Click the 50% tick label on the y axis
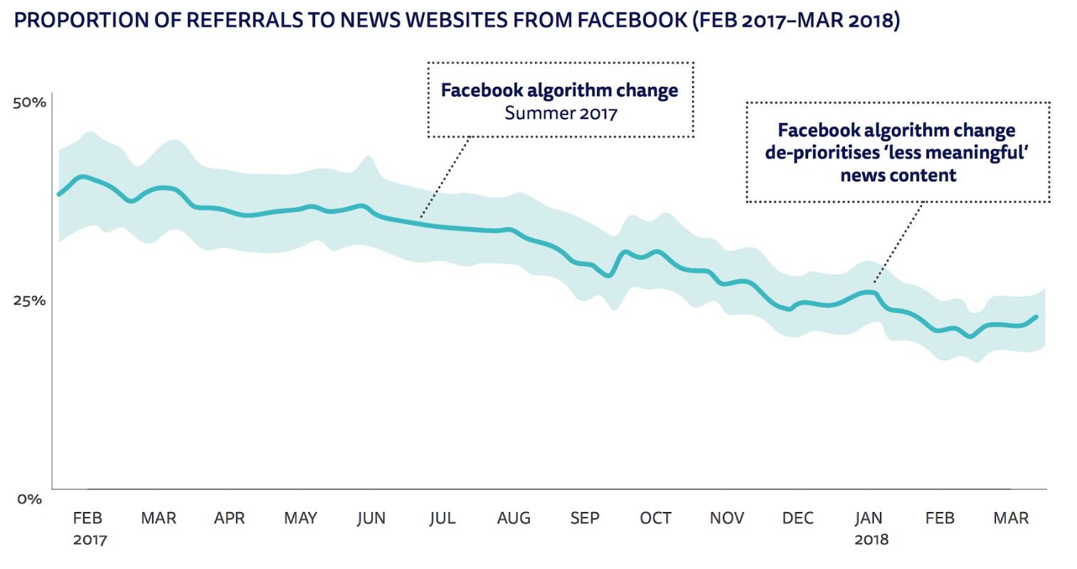coord(29,102)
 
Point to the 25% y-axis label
coord(29,301)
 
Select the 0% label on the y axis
coord(30,499)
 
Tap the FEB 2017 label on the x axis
coord(88,528)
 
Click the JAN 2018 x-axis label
coord(869,528)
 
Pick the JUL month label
coord(442,519)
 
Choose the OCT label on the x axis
coord(655,519)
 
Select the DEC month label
coord(797,519)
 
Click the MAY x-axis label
coord(300,519)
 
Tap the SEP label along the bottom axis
coord(585,519)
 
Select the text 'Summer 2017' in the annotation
coord(561,113)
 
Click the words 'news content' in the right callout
coord(898,176)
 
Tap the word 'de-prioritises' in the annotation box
coord(822,153)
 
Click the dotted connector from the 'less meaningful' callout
coord(898,242)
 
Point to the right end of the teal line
coord(1037,317)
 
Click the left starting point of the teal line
coord(59,194)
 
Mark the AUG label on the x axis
coord(514,519)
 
